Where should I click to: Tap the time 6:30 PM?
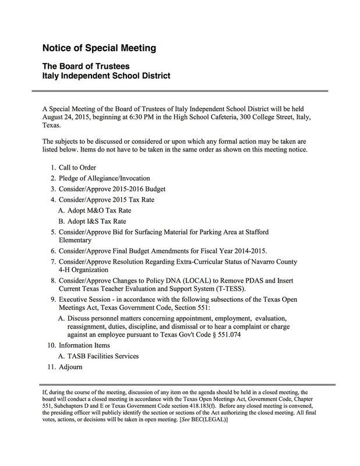(x=153, y=118)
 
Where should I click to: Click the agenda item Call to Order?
(x=80, y=167)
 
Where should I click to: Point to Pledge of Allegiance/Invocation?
(x=104, y=178)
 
